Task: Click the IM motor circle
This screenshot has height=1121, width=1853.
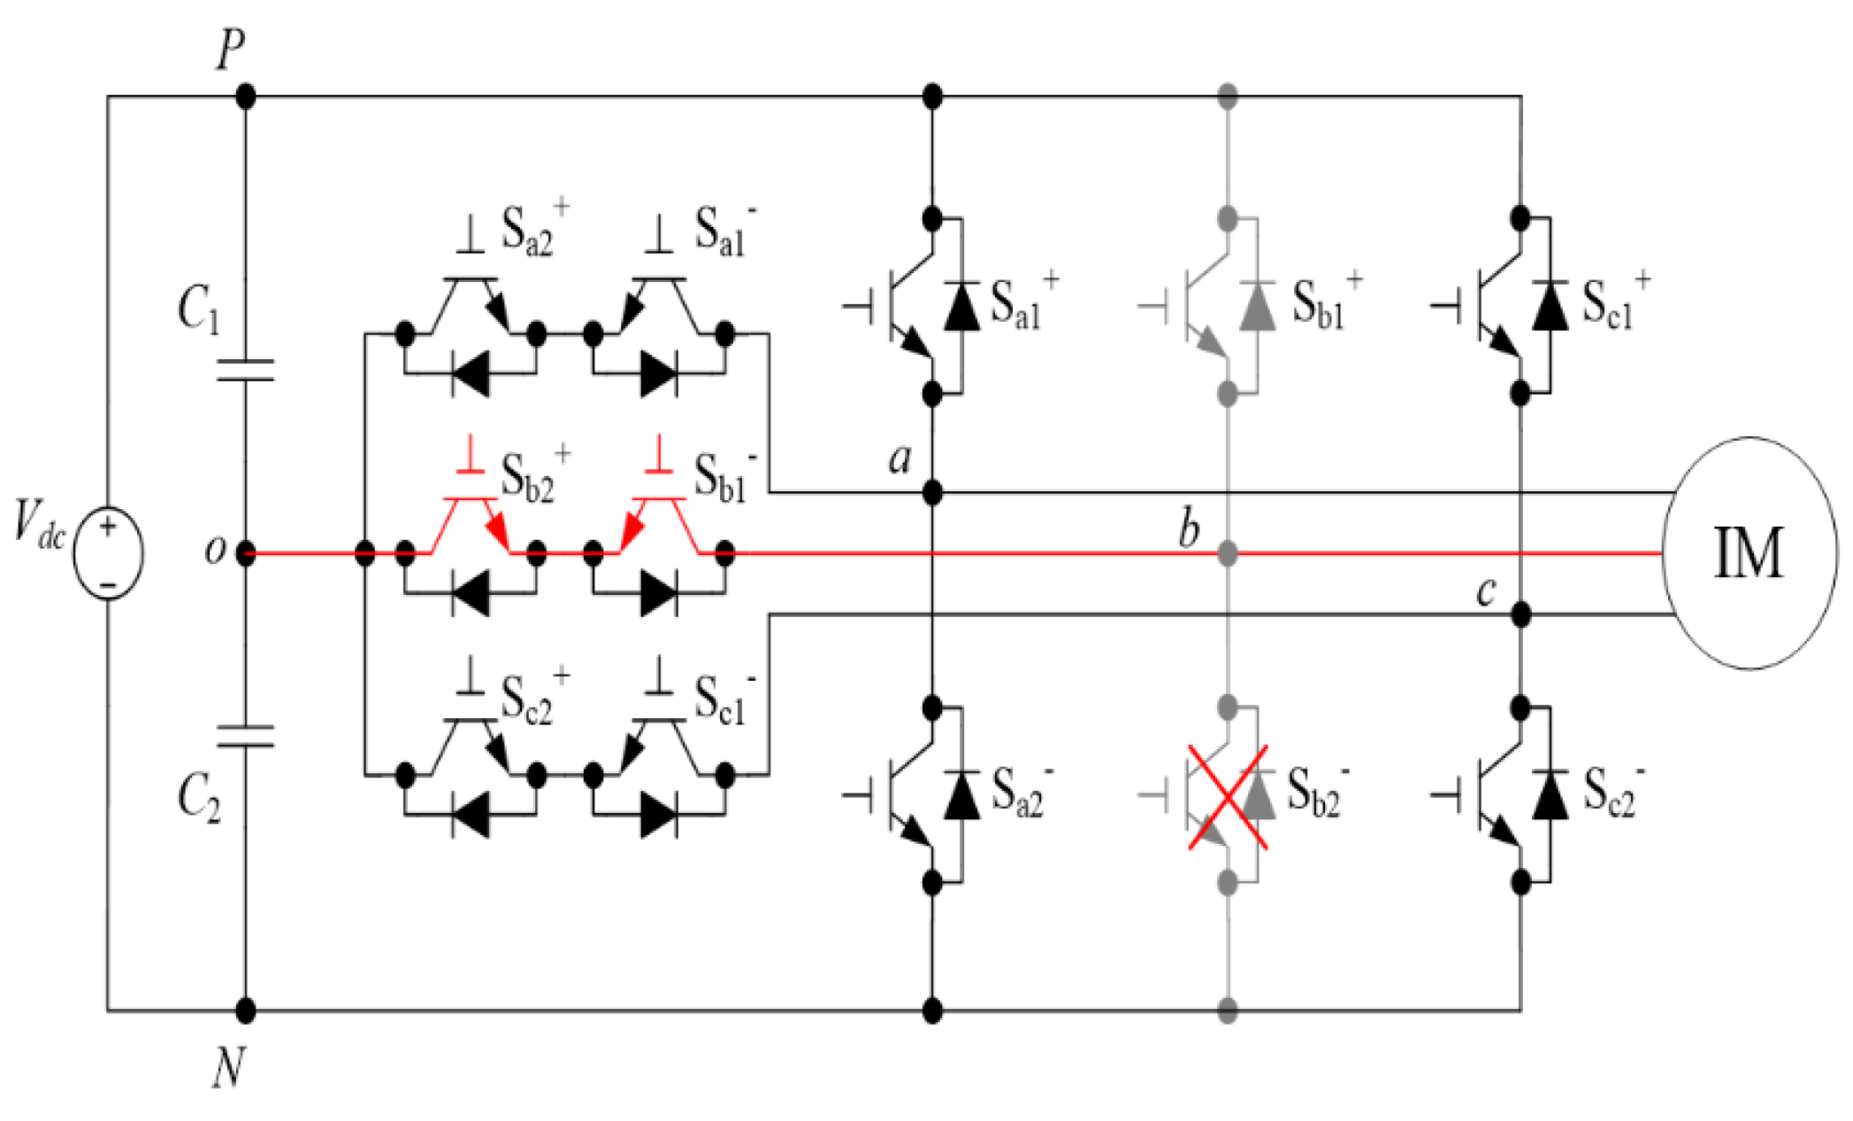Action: click(x=1749, y=553)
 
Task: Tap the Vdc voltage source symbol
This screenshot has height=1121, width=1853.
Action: click(x=108, y=553)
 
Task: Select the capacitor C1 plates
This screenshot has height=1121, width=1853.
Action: click(x=245, y=370)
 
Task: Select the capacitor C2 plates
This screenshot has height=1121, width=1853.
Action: click(x=245, y=736)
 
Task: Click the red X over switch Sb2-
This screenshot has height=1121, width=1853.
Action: click(x=1228, y=798)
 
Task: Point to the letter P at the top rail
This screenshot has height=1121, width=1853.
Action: click(x=230, y=50)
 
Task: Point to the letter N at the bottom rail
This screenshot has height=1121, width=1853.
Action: click(x=229, y=1067)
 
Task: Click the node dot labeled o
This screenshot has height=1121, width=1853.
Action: click(x=245, y=554)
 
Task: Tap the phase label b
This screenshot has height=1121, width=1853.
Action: click(x=1189, y=530)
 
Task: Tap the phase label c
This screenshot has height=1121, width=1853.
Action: click(x=1486, y=592)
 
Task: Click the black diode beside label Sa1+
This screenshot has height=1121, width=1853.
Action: click(x=962, y=306)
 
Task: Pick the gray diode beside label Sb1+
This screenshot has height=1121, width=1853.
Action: click(x=1257, y=306)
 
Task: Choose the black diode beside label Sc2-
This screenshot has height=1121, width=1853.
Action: click(x=1550, y=794)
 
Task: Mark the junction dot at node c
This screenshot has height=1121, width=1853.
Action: click(x=1521, y=614)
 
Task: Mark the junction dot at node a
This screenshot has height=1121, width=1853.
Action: click(x=932, y=492)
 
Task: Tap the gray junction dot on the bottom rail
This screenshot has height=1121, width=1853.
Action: click(x=1228, y=1011)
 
